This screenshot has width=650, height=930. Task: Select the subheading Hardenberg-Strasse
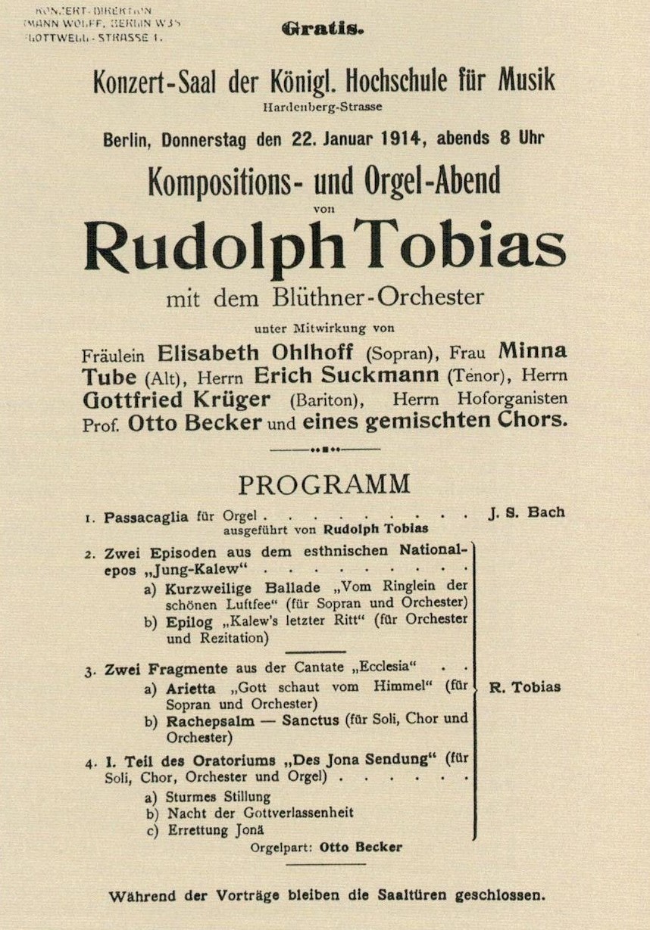[x=323, y=107]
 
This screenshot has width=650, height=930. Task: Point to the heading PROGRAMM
[x=324, y=484]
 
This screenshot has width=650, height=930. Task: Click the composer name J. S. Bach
[x=526, y=512]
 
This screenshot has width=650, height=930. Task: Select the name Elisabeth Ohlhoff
[x=259, y=353]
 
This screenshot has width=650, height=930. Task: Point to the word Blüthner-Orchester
[x=377, y=297]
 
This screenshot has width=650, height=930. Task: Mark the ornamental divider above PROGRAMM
[x=324, y=449]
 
